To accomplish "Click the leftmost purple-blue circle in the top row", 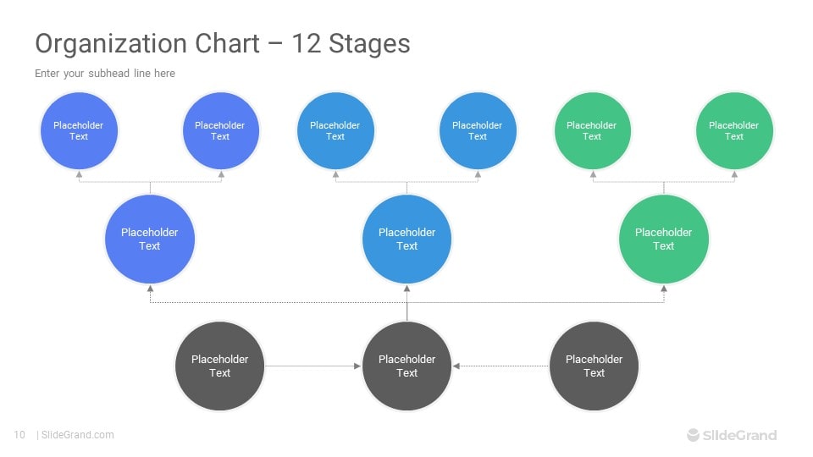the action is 79,130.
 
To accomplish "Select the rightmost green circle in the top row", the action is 734,130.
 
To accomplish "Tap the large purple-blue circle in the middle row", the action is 150,239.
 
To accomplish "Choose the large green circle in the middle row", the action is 664,239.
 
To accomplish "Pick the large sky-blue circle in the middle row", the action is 407,239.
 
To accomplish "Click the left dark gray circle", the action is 220,366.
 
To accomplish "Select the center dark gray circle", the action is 407,366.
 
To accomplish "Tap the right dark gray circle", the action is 595,366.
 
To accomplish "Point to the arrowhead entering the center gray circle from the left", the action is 357,366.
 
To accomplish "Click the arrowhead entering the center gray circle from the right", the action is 456,366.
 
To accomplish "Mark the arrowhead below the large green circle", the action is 664,289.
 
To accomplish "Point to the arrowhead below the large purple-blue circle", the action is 150,289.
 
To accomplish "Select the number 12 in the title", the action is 306,43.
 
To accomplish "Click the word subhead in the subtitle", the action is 109,73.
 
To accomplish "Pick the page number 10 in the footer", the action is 19,435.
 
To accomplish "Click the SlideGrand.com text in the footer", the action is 78,435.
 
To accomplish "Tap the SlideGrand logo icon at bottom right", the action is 693,435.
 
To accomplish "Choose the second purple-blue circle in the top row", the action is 221,130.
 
